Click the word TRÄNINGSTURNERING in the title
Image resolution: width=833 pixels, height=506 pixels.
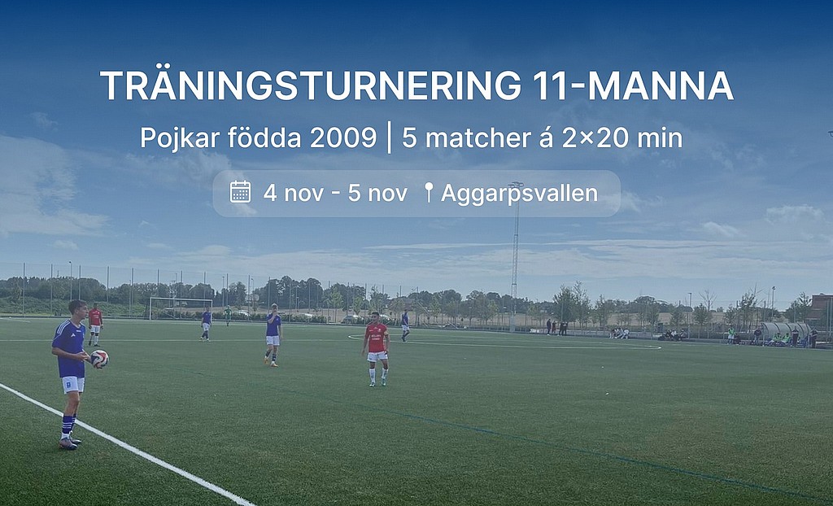point(311,85)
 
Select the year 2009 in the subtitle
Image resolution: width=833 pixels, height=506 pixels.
point(343,138)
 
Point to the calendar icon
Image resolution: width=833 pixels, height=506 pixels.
point(240,192)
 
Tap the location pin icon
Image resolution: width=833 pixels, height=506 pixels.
point(429,193)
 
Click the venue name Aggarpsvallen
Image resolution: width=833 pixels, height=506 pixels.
point(520,194)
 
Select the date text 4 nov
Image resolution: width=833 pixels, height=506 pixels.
point(293,193)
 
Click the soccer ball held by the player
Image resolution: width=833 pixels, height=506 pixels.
point(99,360)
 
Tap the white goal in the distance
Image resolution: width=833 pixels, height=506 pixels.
point(181,308)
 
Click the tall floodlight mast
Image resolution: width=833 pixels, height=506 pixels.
point(514,255)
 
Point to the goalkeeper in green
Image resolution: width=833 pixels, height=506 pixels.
point(228,315)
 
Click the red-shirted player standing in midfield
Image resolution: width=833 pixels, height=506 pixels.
point(376,348)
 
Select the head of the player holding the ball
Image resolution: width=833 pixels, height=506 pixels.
point(78,310)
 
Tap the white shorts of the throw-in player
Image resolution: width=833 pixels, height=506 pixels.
point(72,384)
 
